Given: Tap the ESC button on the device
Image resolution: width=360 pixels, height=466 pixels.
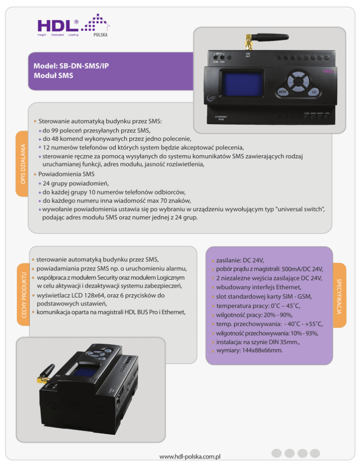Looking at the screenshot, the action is point(314,92).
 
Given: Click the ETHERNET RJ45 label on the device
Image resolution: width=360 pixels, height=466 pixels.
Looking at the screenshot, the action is point(221,118).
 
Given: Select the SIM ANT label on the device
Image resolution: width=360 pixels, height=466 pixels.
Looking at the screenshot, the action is point(247,55).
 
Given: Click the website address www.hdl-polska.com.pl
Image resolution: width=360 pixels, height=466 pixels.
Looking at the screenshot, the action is point(190,456).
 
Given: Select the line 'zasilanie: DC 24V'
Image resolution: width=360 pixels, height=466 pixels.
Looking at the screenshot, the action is point(240,260).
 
